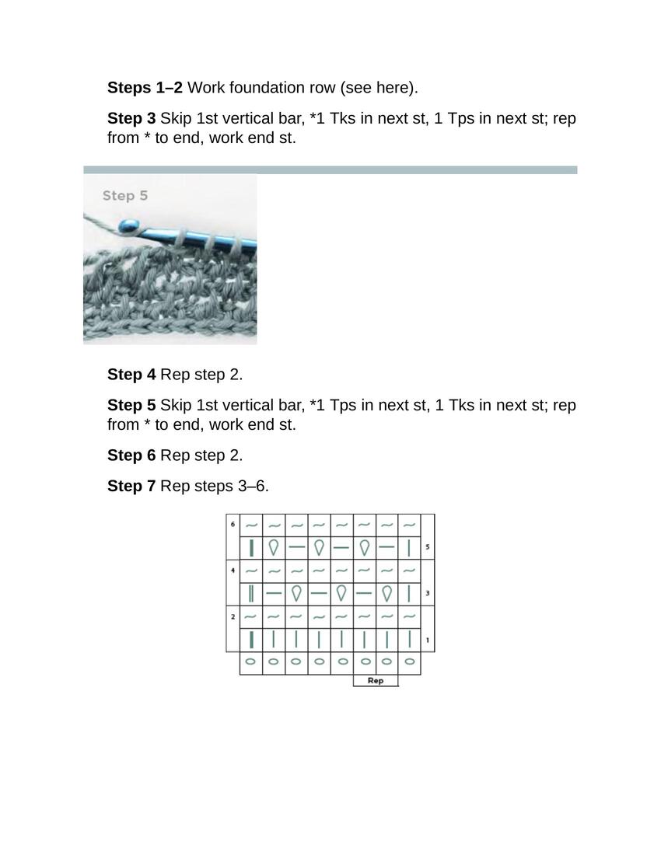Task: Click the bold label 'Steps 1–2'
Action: (x=145, y=88)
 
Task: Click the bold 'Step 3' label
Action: (x=131, y=119)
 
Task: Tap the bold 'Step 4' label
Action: (x=131, y=375)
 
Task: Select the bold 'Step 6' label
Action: (x=131, y=455)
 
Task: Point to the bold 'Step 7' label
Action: (x=131, y=487)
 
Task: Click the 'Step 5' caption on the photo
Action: (x=124, y=196)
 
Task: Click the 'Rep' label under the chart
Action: (x=376, y=681)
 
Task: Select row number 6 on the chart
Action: (x=233, y=524)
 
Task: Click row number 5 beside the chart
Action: (x=428, y=548)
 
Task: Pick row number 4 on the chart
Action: (x=233, y=570)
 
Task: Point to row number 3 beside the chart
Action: (x=428, y=594)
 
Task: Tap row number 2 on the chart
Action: (x=233, y=616)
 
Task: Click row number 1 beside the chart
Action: (x=428, y=640)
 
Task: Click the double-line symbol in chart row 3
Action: (x=251, y=594)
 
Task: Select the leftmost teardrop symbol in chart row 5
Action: (x=274, y=547)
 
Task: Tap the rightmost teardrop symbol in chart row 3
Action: (x=387, y=594)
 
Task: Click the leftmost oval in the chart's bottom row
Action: (x=250, y=662)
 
